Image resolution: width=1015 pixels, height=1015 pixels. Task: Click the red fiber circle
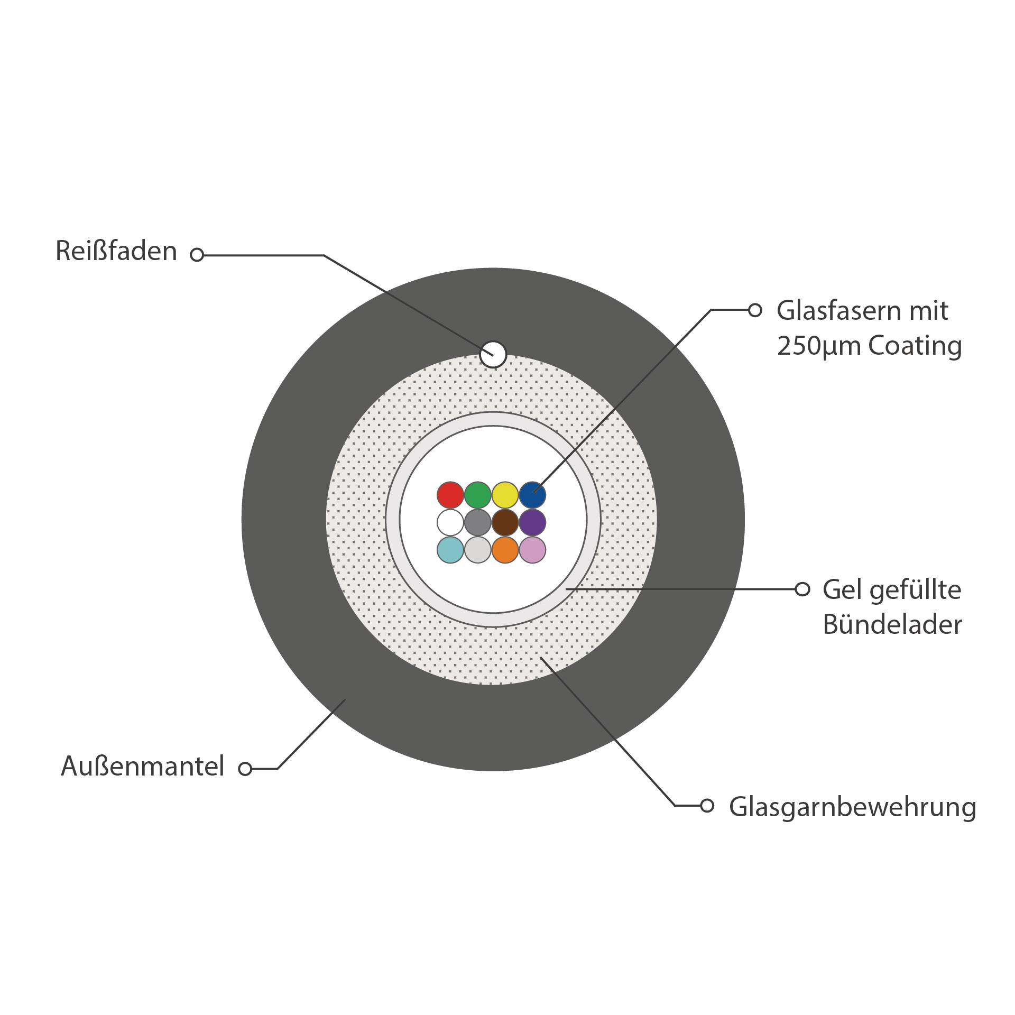click(x=450, y=495)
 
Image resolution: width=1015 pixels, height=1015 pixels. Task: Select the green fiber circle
click(x=477, y=495)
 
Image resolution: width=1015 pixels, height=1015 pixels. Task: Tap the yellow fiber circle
click(x=505, y=495)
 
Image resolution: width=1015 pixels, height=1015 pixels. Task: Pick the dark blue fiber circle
click(x=532, y=495)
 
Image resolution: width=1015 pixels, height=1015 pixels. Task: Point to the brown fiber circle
click(x=505, y=522)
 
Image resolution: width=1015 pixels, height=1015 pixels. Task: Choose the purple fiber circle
click(x=532, y=522)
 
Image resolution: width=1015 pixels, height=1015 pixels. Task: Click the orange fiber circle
click(x=505, y=550)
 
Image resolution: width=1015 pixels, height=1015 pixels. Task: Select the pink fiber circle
click(x=532, y=550)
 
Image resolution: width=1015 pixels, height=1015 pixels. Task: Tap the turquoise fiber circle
click(x=450, y=550)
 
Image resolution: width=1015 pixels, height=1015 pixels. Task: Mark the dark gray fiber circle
click(x=477, y=522)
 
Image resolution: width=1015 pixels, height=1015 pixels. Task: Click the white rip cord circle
click(x=493, y=354)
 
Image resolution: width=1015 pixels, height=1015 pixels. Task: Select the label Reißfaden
click(x=116, y=251)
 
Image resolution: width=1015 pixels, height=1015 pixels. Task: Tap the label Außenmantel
click(x=143, y=766)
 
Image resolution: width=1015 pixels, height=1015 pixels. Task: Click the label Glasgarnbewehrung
click(x=852, y=807)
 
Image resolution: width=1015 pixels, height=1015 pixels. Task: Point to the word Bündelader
click(x=892, y=624)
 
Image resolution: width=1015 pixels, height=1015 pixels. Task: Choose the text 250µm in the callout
click(x=819, y=346)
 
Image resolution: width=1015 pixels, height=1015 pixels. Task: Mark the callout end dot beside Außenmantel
click(x=245, y=769)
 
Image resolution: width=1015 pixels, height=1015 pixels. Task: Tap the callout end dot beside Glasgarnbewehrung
click(x=707, y=806)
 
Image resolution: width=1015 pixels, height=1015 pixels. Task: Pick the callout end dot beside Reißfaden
click(x=197, y=255)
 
